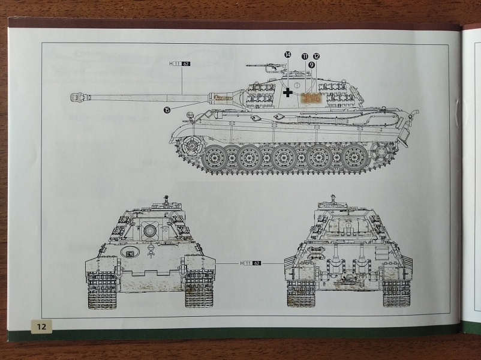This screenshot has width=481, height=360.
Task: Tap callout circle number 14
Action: point(288,55)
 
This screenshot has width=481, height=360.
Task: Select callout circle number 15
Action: point(167,109)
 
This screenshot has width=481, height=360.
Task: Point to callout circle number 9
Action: point(311,64)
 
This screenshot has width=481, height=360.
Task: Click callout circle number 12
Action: point(316,56)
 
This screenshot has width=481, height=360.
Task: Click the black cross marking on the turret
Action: point(288,92)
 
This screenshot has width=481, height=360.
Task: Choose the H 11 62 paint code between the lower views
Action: point(250,263)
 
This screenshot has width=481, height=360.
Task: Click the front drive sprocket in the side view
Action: point(191,145)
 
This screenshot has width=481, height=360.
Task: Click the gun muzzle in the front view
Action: point(149,229)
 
